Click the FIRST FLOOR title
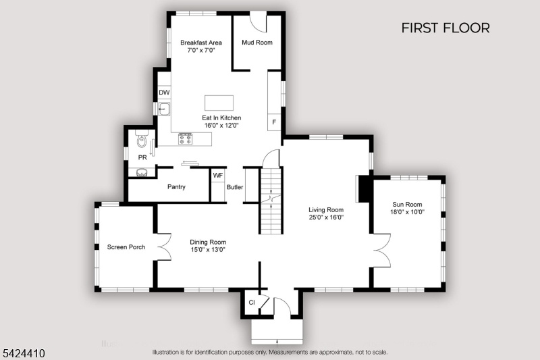click(446, 28)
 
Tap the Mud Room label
click(257, 43)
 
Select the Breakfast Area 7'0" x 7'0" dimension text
click(201, 50)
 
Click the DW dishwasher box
click(164, 93)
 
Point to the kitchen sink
click(164, 109)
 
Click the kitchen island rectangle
click(219, 103)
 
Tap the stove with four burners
click(185, 139)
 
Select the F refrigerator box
click(274, 122)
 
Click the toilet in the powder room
click(142, 138)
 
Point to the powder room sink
click(142, 173)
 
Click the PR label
click(142, 157)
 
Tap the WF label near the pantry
click(217, 176)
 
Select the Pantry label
click(176, 186)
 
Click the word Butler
click(235, 187)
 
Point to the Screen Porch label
click(126, 247)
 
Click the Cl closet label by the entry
click(252, 303)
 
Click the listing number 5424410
click(24, 353)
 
